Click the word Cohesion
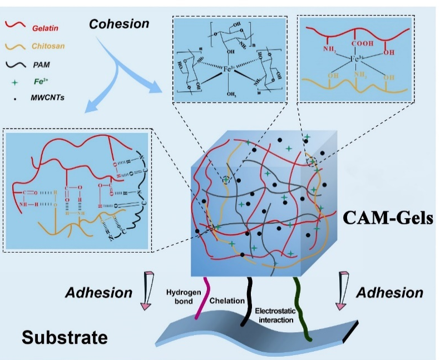coord(119,24)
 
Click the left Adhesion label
coord(98,293)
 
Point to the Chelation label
coord(227,300)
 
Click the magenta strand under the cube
coord(201,298)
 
